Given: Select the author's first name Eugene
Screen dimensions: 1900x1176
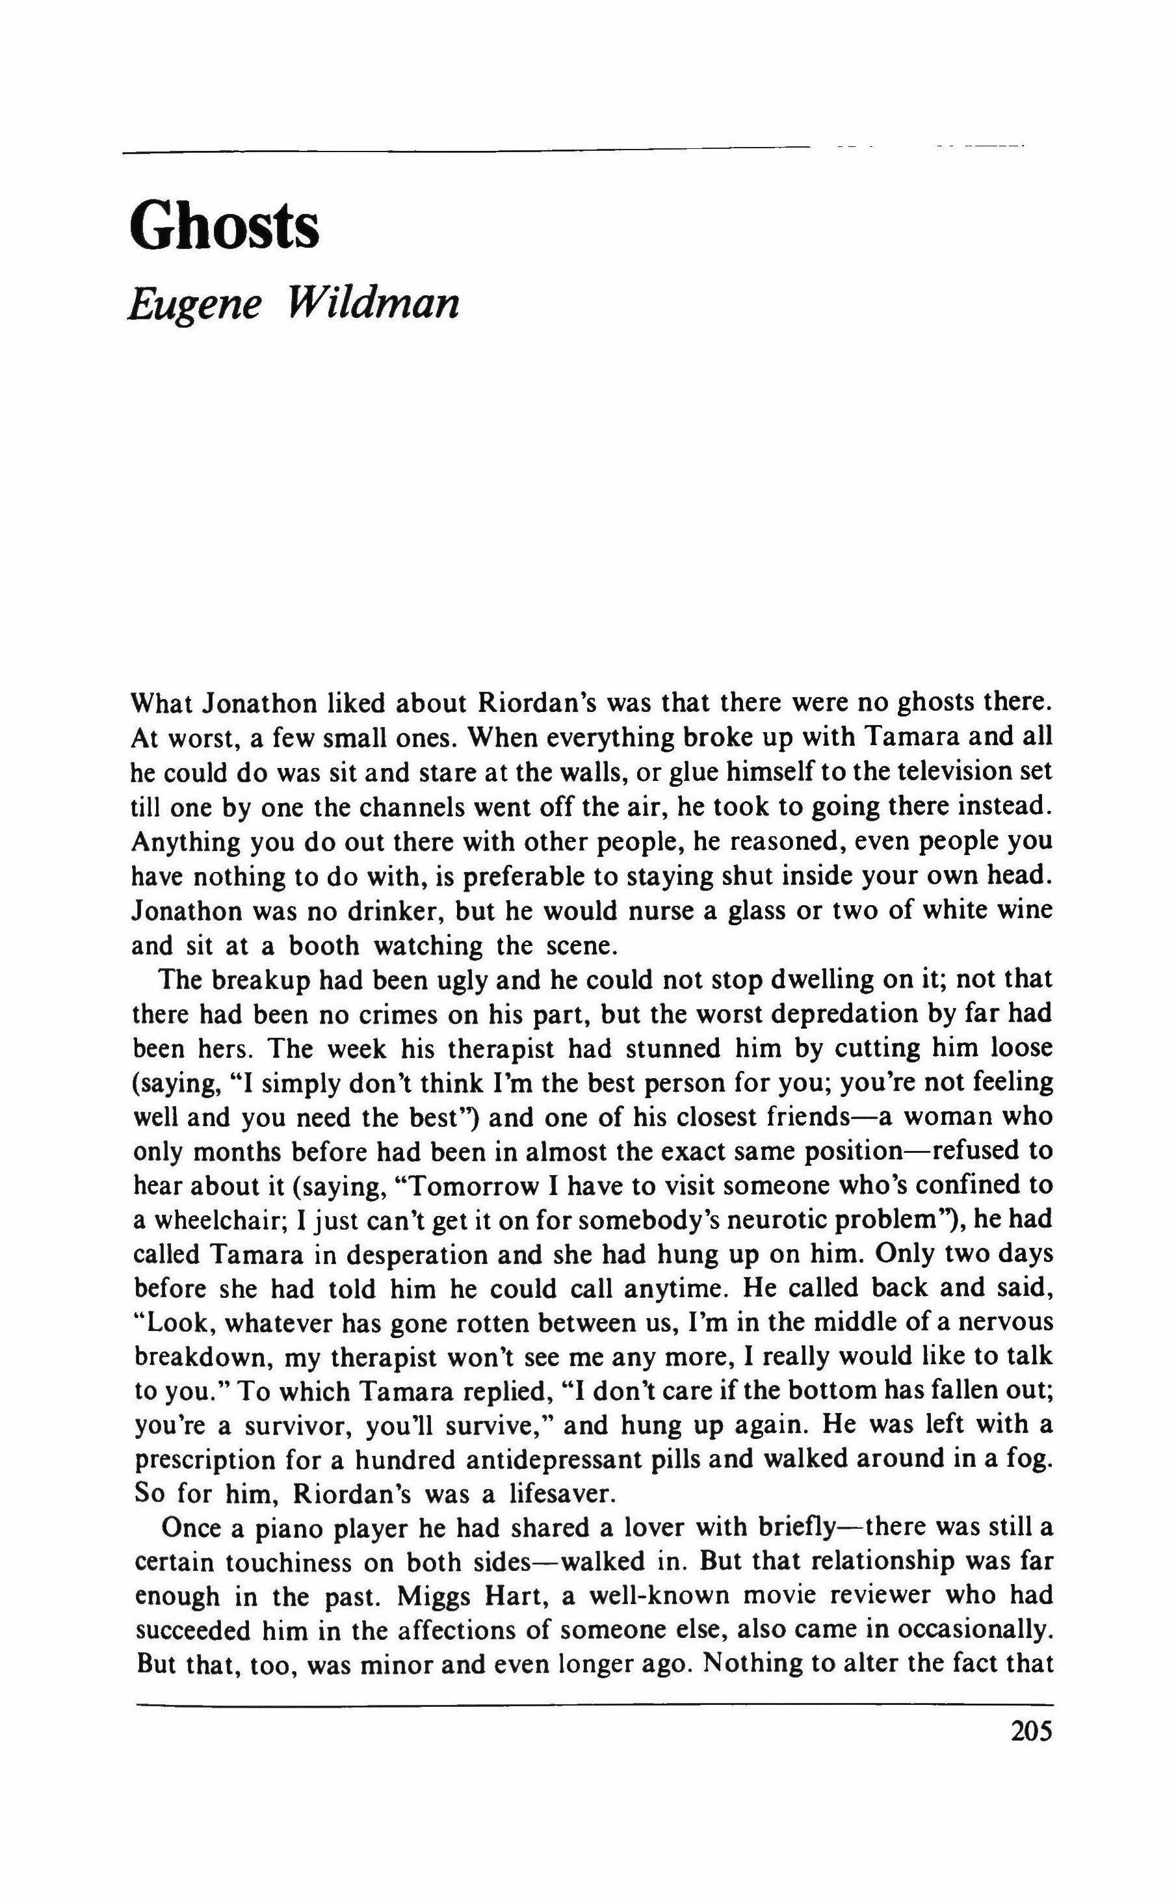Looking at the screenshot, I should (x=193, y=304).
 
